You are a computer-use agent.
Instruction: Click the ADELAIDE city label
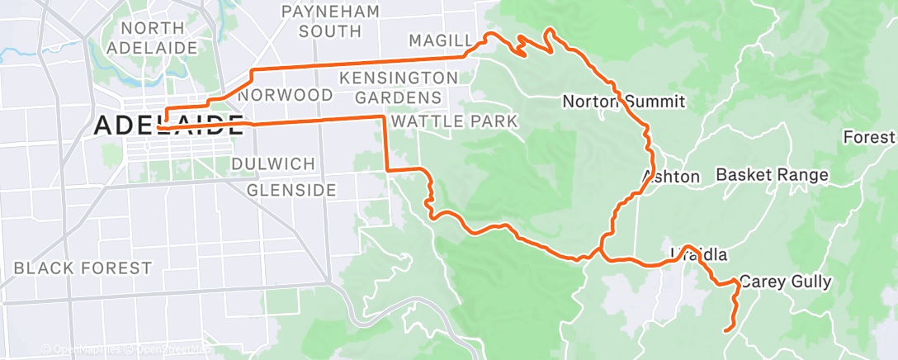(x=169, y=126)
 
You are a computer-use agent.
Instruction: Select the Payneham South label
(x=330, y=21)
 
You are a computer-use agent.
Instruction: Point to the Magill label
(x=441, y=41)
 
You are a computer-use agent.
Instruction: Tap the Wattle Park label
(x=454, y=122)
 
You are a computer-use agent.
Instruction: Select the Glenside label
(x=291, y=190)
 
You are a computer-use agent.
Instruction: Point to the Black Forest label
(x=83, y=268)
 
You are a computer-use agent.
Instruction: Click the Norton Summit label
(x=623, y=102)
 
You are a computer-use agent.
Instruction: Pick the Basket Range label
(x=771, y=175)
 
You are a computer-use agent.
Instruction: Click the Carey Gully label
(x=784, y=282)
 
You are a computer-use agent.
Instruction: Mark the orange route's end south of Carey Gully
(x=725, y=330)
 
